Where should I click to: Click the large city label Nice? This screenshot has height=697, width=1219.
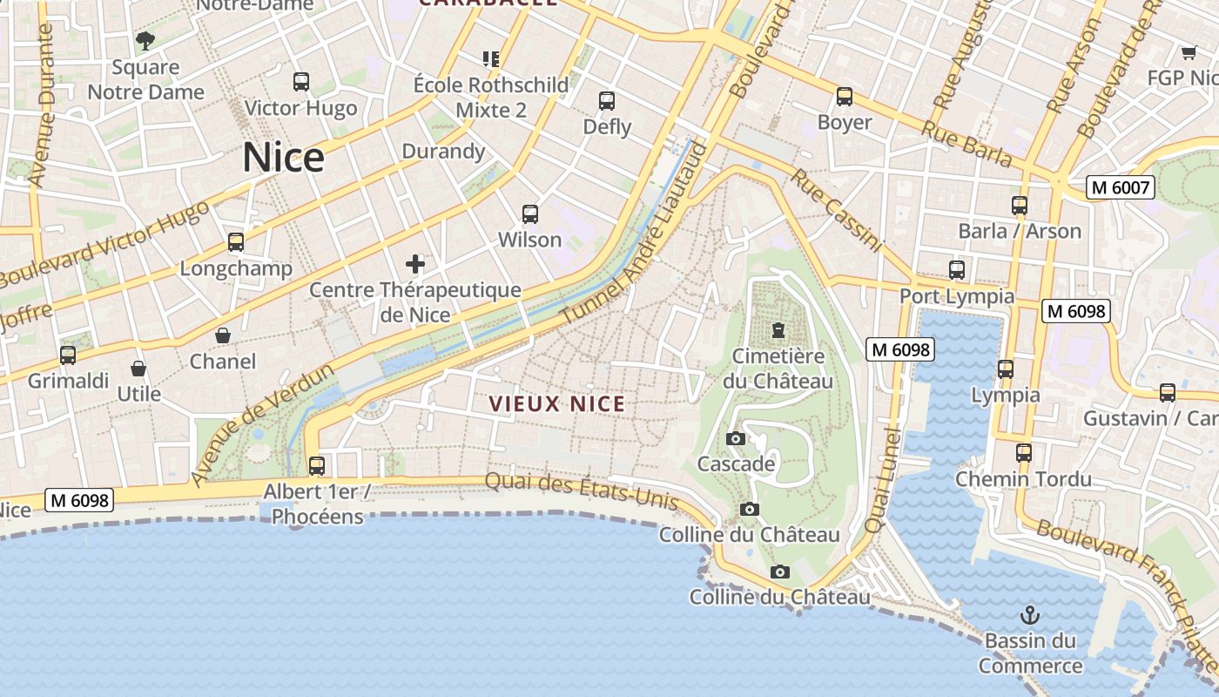click(x=283, y=158)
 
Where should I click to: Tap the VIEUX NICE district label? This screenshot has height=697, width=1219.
click(x=556, y=403)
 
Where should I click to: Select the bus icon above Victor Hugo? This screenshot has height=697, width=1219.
click(x=301, y=82)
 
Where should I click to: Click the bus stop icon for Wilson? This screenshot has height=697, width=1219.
click(x=529, y=213)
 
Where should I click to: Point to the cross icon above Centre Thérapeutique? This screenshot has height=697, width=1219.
click(x=415, y=263)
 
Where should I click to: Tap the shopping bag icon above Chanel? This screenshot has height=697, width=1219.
click(x=223, y=335)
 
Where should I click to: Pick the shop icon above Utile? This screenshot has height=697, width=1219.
click(x=138, y=369)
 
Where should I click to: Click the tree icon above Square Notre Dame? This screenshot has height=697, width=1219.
click(x=145, y=40)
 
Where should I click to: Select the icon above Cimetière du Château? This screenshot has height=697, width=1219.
click(x=778, y=330)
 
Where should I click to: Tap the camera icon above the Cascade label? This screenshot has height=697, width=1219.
click(x=736, y=438)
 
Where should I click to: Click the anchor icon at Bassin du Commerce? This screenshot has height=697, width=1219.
click(x=1030, y=615)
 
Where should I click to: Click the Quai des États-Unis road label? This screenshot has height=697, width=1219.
click(x=581, y=490)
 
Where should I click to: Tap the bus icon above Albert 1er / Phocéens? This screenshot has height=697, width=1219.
click(x=317, y=465)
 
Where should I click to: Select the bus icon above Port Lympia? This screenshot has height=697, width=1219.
click(x=957, y=270)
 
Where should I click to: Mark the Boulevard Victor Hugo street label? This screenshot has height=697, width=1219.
click(x=104, y=246)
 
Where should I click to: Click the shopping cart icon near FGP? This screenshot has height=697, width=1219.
click(x=1189, y=52)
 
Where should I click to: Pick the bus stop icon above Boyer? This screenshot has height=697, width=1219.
click(x=844, y=97)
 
